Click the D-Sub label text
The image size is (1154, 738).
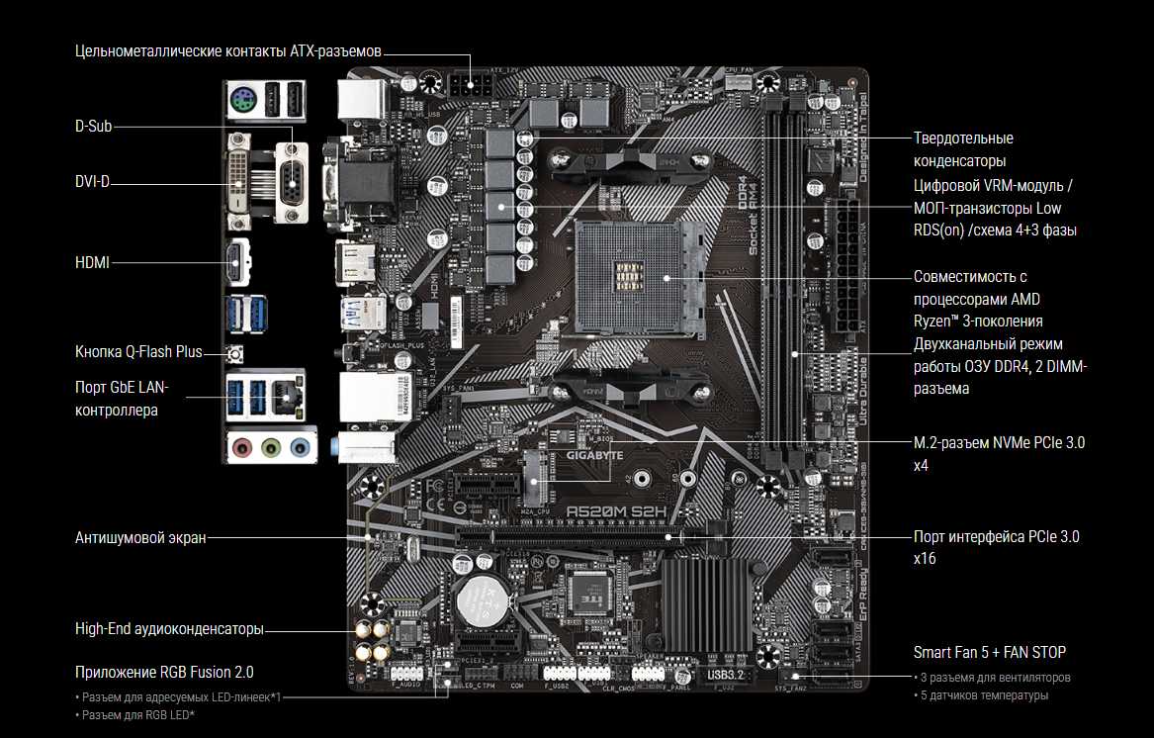pos(93,127)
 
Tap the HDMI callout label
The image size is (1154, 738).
pos(92,262)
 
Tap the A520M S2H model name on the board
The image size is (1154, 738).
pos(616,511)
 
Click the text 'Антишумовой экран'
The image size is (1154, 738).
pos(140,538)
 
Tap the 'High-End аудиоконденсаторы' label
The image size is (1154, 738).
pos(169,628)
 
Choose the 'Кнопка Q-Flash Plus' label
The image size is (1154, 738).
pos(138,351)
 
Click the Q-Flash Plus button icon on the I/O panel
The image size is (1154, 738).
pos(236,354)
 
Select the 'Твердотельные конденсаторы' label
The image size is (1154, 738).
pos(963,148)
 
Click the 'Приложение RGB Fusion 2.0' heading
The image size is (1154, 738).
pos(164,672)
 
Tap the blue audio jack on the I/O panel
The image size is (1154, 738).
pos(300,446)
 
